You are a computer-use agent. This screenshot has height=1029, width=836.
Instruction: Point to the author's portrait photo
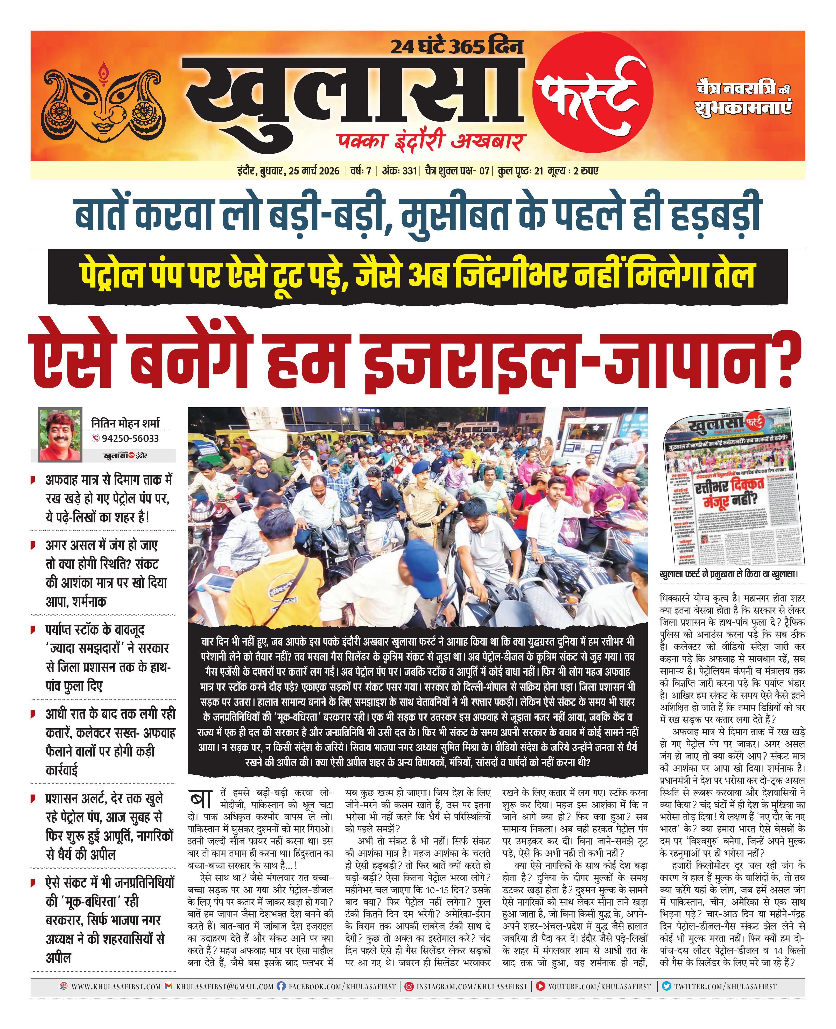[x=59, y=434]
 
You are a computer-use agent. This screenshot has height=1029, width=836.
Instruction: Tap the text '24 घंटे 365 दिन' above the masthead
[x=456, y=47]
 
